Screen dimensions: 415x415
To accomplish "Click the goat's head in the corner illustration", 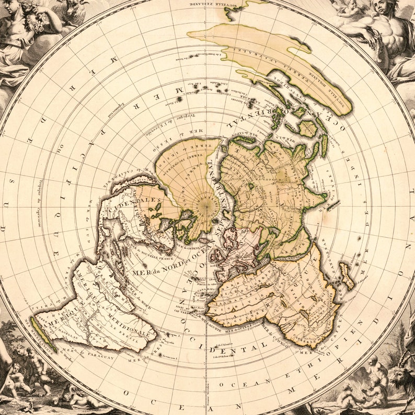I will coord(404,376).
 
